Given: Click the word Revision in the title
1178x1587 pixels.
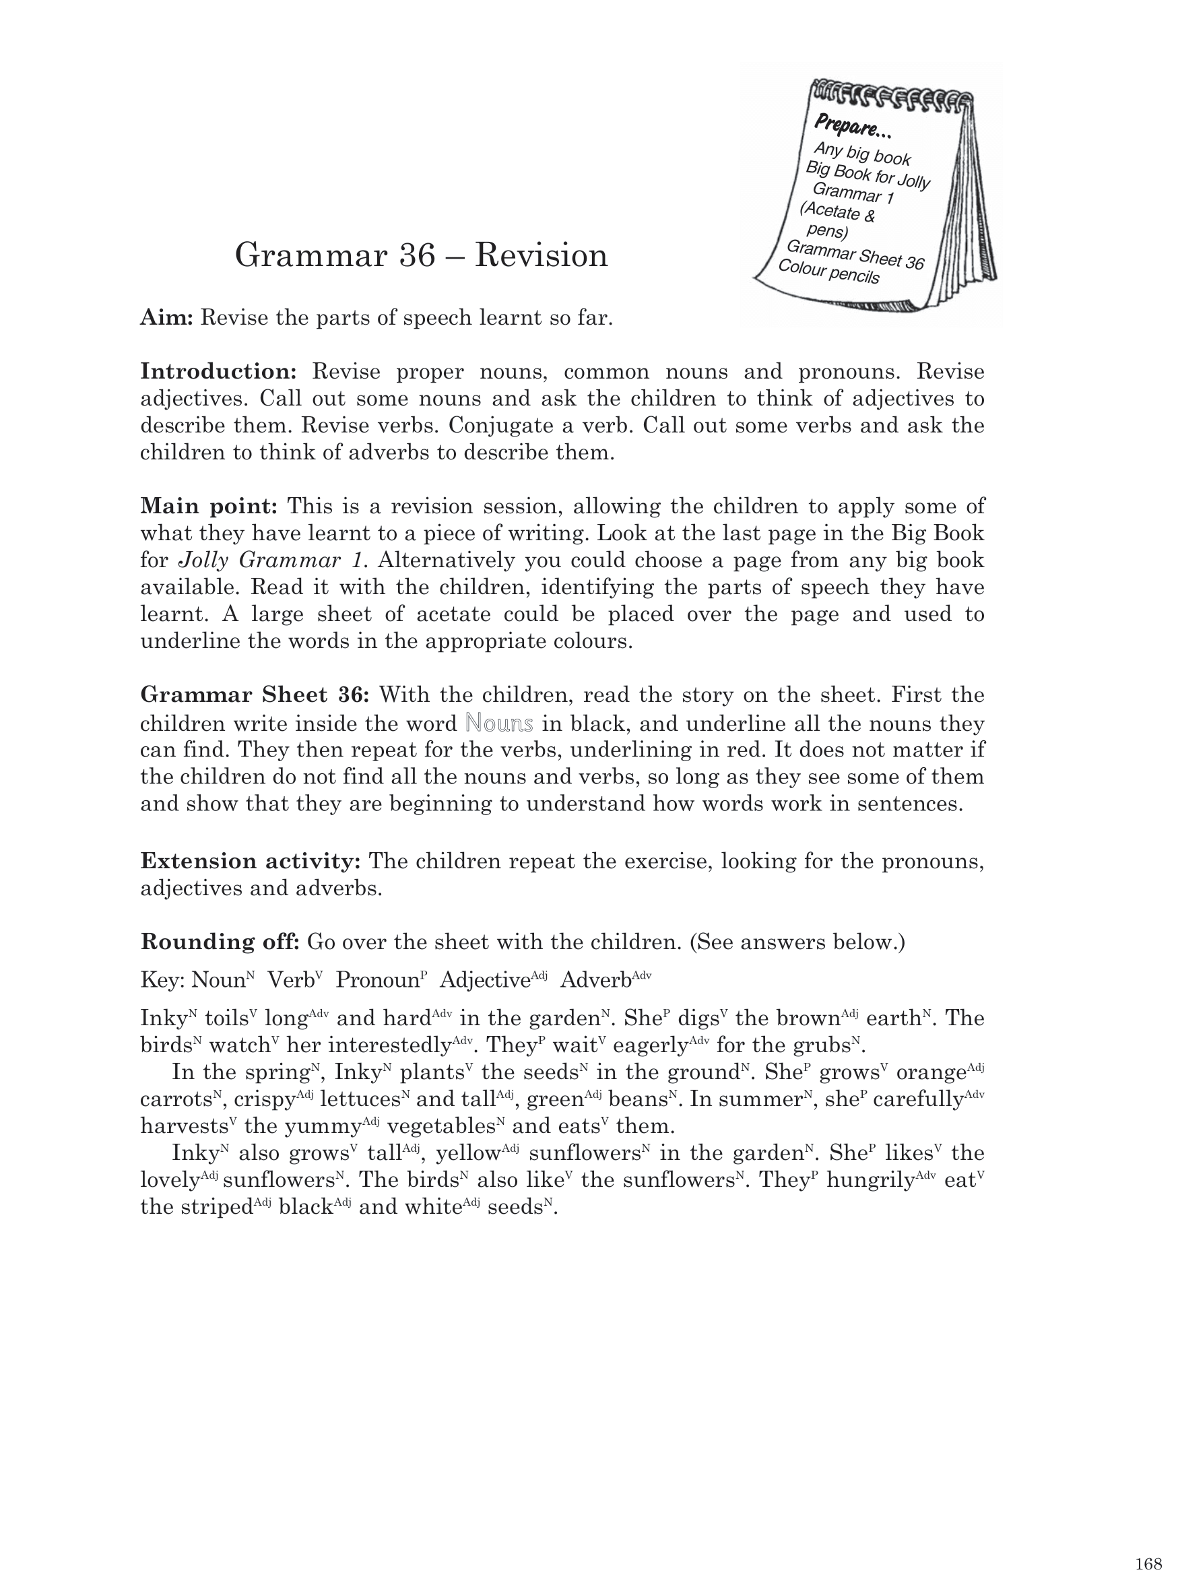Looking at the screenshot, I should pos(542,255).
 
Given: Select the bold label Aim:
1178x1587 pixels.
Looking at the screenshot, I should pos(167,317).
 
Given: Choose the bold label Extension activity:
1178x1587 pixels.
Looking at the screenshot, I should pos(251,862).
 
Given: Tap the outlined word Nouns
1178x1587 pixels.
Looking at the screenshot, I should pos(498,723).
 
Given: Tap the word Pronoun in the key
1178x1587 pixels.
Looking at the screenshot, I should pos(377,980).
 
